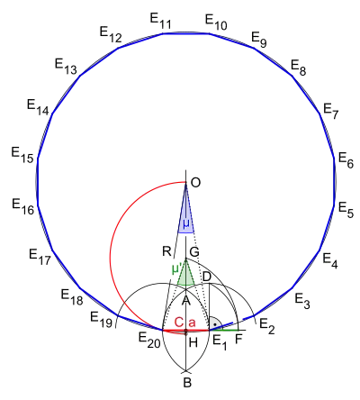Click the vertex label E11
click(x=160, y=21)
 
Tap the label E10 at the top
click(x=216, y=23)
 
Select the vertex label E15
click(x=22, y=155)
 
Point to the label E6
click(x=346, y=160)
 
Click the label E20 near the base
click(x=149, y=341)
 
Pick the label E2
click(x=267, y=327)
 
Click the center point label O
click(x=195, y=183)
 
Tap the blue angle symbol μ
click(x=186, y=224)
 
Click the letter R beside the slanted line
click(x=166, y=251)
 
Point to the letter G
click(x=194, y=251)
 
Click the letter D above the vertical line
click(x=207, y=277)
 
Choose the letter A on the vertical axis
click(x=186, y=300)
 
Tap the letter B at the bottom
click(x=187, y=383)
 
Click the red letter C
click(x=179, y=323)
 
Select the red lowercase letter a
click(x=192, y=323)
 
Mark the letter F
click(x=238, y=339)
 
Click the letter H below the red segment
click(x=193, y=342)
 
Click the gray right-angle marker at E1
click(x=215, y=323)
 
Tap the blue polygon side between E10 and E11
click(x=185, y=33)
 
